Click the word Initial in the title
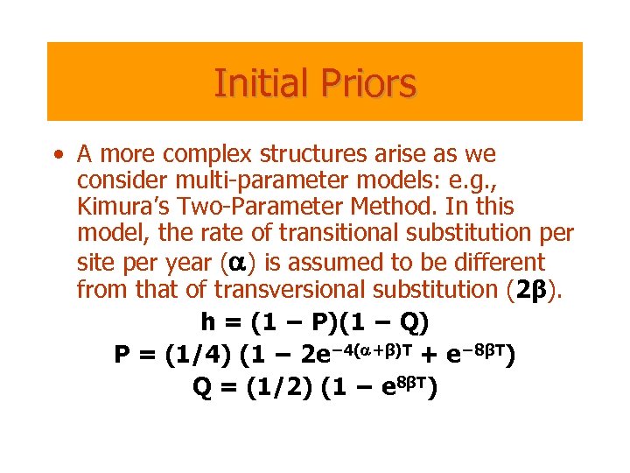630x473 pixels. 254,84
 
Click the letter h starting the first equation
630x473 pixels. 207,323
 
